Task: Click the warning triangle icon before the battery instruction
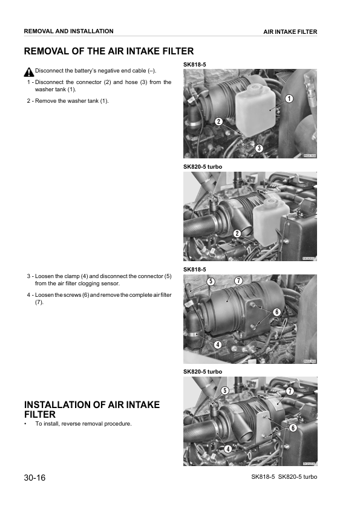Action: point(29,71)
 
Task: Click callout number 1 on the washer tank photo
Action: point(289,99)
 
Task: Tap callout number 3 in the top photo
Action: point(258,148)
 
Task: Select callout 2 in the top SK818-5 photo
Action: point(218,121)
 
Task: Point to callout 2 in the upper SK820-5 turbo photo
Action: point(237,233)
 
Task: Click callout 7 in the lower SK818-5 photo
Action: point(239,281)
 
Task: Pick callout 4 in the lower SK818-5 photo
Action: point(217,344)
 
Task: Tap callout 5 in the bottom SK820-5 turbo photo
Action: point(224,391)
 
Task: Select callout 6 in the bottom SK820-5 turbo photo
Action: point(293,427)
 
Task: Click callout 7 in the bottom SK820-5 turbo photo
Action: point(290,391)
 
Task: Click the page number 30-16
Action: point(34,478)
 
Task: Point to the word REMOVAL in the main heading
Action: point(49,52)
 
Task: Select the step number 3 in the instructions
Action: point(29,276)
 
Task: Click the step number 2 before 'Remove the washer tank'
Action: point(29,100)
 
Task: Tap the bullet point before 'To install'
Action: point(26,424)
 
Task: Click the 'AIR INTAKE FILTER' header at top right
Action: point(290,32)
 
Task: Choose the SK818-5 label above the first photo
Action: point(194,65)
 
